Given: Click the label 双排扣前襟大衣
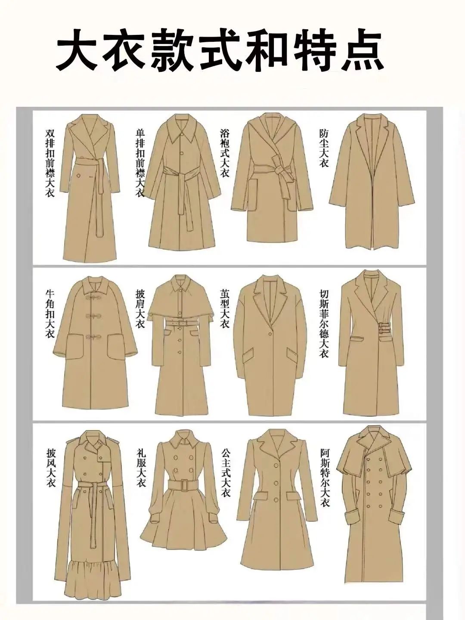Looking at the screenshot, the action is coord(50,163).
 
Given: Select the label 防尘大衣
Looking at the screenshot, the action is coord(324,148).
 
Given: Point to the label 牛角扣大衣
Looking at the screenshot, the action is coord(50,315).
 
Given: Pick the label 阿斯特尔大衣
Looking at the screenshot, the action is coord(325,479).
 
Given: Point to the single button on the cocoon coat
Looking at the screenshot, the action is coord(270,334).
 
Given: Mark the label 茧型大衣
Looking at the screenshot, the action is coord(225,309).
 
